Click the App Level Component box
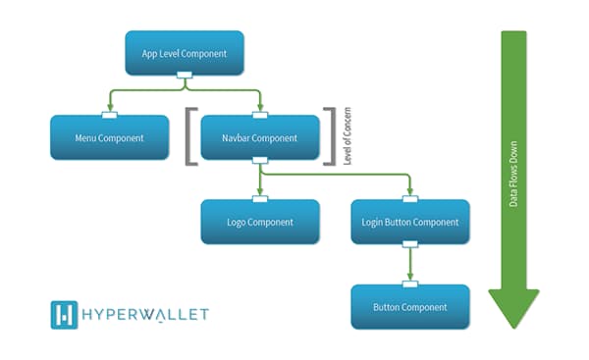tap(184, 53)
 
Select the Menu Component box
tap(109, 138)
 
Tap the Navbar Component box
tap(260, 138)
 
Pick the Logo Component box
tap(260, 223)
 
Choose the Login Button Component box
tap(410, 223)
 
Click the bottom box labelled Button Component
tap(410, 307)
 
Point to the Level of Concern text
tap(348, 137)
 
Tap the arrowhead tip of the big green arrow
tap(513, 327)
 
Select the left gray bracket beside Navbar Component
tap(190, 137)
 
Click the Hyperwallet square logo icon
tap(64, 315)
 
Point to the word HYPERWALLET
tap(145, 315)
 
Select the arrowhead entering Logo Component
tap(260, 193)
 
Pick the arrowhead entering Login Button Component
tap(410, 193)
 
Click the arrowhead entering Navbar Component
tap(260, 109)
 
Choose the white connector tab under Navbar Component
tap(260, 162)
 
